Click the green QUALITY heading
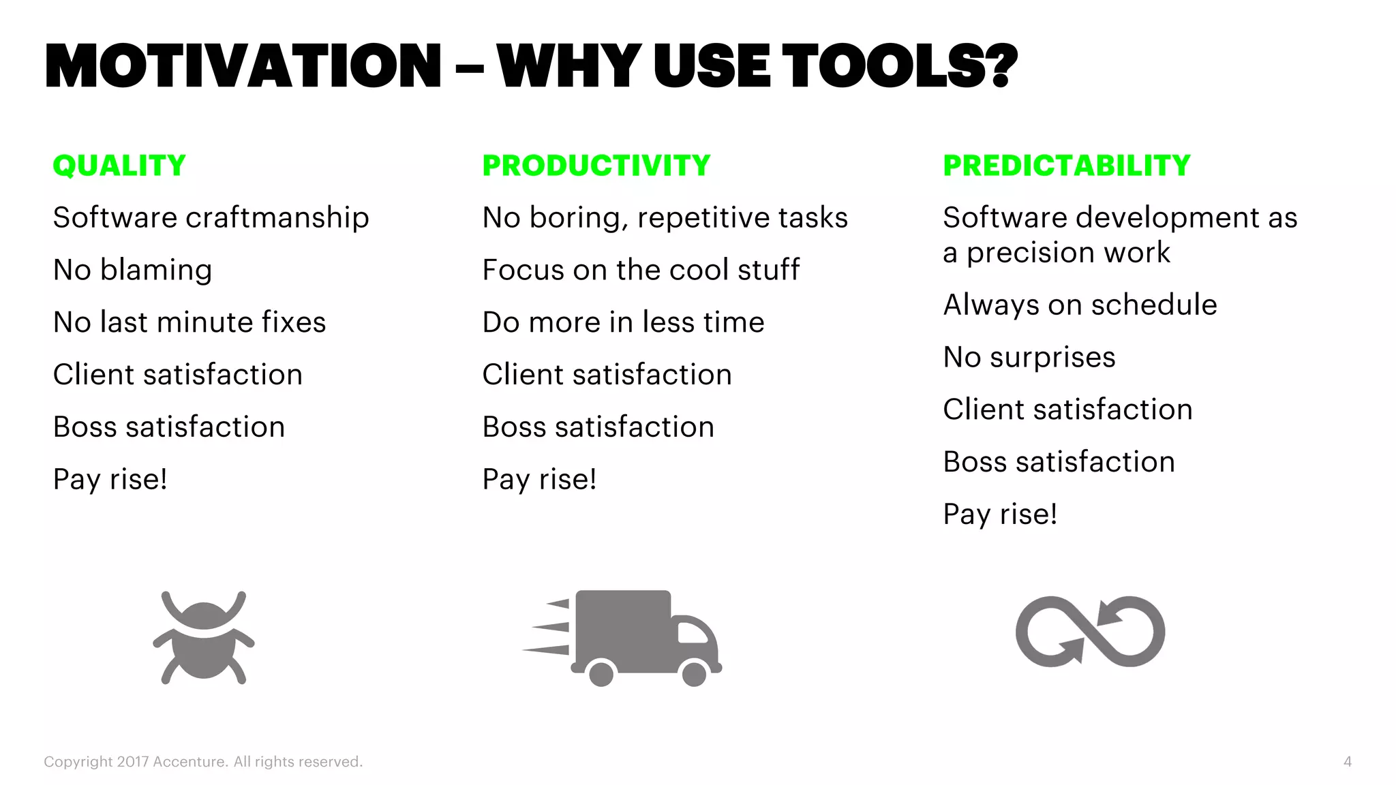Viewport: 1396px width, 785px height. (x=119, y=166)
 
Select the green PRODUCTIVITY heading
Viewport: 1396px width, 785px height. (x=596, y=166)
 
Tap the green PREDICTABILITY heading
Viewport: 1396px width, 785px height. (x=1067, y=166)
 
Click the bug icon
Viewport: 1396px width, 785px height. (x=204, y=638)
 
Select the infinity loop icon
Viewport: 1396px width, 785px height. (x=1090, y=632)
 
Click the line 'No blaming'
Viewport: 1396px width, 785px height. (x=133, y=270)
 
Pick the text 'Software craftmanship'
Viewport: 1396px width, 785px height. (x=211, y=218)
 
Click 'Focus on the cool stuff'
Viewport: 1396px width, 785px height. (x=641, y=270)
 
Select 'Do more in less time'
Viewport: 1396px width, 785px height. (x=623, y=322)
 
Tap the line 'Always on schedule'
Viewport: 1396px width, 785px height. (x=1080, y=305)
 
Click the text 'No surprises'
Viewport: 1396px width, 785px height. (x=1029, y=357)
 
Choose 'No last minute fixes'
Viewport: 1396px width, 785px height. (x=189, y=322)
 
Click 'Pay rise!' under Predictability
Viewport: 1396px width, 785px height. (x=1000, y=514)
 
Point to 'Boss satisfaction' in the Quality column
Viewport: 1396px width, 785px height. (x=169, y=427)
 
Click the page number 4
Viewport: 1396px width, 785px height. (x=1347, y=762)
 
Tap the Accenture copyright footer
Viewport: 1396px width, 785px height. (x=203, y=762)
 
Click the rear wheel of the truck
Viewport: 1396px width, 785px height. (x=601, y=674)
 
